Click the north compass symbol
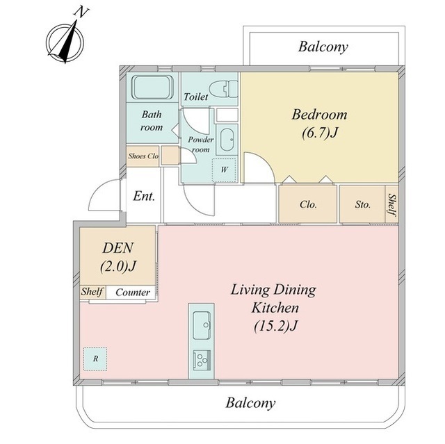coord(65,42)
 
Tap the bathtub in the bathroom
coord(153,88)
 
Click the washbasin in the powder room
coord(227,140)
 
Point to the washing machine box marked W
coord(224,170)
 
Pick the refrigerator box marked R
coord(95,359)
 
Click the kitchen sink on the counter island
coord(202,325)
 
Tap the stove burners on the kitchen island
coord(202,360)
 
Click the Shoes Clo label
coord(143,156)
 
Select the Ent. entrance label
coord(144,196)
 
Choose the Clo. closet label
coord(308,204)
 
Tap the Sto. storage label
coord(363,204)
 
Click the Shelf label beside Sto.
coord(392,204)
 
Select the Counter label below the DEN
coord(133,293)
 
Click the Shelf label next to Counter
coord(92,291)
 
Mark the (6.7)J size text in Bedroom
coord(320,133)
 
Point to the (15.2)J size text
coord(275,326)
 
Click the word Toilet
coord(196,97)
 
